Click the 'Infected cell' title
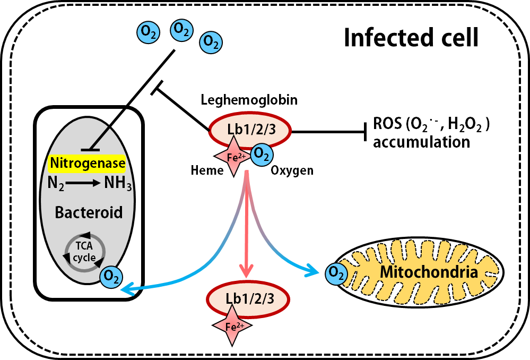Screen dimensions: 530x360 [x=411, y=38]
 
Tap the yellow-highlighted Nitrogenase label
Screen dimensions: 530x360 [x=88, y=163]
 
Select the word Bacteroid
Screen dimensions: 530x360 [x=89, y=212]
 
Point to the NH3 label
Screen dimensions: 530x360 [x=118, y=183]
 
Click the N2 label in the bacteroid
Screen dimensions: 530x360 [x=56, y=184]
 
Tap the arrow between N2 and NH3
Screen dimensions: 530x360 [x=83, y=183]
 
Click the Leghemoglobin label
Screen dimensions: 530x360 [x=249, y=100]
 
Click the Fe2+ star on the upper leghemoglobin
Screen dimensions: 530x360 [x=233, y=156]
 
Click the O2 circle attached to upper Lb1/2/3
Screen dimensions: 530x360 [x=262, y=155]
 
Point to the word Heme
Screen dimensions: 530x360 [x=207, y=170]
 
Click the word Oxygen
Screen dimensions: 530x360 [x=292, y=171]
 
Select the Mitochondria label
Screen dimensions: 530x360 [x=429, y=272]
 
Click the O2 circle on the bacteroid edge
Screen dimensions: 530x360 [x=111, y=277]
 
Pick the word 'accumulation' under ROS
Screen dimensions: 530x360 [x=421, y=142]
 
